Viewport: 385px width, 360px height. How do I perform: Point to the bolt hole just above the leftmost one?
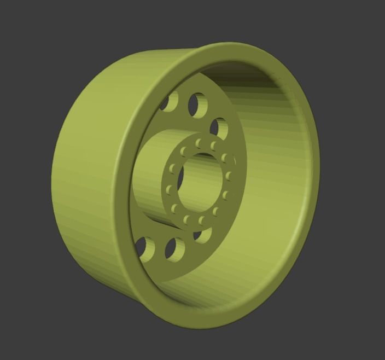173,167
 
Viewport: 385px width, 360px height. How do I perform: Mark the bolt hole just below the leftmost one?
174,207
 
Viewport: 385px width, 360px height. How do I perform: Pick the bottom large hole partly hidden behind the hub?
203,235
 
